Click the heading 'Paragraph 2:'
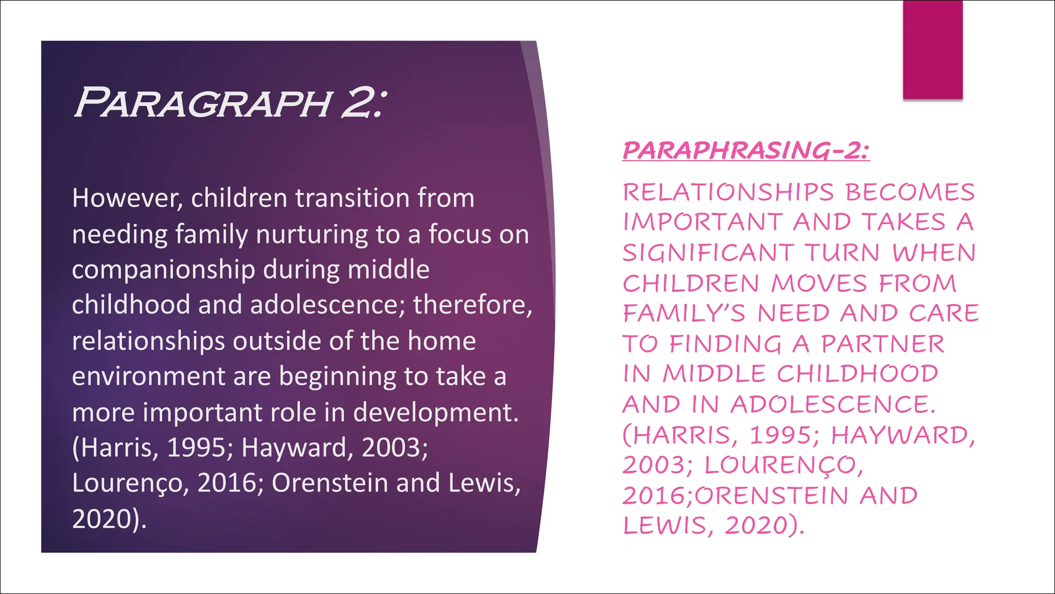229,103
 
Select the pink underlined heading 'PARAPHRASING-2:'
746,151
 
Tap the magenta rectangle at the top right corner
932,49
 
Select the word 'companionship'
163,270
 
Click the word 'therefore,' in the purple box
472,305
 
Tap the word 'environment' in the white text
148,376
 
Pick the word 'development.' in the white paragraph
436,412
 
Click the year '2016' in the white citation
227,483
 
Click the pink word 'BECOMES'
910,192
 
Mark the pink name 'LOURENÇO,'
784,465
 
